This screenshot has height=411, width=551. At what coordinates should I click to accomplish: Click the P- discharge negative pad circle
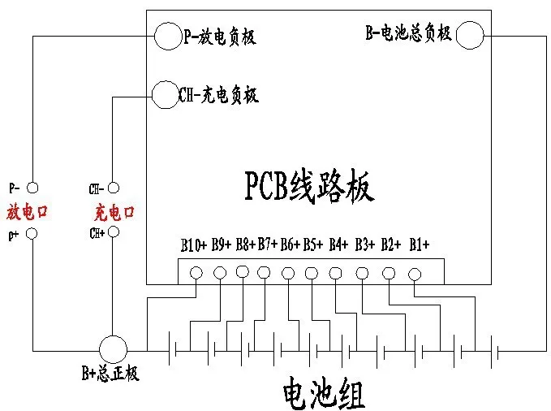[166, 37]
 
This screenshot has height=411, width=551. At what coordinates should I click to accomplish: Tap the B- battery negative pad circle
[470, 35]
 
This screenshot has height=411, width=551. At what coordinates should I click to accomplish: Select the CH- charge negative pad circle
[165, 94]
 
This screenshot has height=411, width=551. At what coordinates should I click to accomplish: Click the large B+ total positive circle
[114, 350]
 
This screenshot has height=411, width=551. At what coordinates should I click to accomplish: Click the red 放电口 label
[28, 212]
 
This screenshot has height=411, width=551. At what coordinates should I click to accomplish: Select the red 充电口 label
[114, 213]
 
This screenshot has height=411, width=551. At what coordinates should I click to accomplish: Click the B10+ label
[195, 244]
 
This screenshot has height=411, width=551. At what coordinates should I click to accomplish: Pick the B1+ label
[419, 244]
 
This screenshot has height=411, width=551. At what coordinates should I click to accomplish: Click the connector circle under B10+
[196, 273]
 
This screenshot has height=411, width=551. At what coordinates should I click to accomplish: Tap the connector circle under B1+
[414, 275]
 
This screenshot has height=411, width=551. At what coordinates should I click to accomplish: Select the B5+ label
[313, 244]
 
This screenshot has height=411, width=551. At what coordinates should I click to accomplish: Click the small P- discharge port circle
[32, 188]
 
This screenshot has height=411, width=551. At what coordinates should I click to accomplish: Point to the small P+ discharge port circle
[32, 234]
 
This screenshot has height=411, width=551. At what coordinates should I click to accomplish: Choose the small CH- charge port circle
[113, 188]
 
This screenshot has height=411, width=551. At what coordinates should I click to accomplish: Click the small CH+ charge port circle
[113, 232]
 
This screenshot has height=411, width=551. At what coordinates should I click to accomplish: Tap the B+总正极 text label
[110, 374]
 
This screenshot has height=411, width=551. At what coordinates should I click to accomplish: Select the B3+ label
[366, 244]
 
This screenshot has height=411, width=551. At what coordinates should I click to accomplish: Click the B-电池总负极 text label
[408, 34]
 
